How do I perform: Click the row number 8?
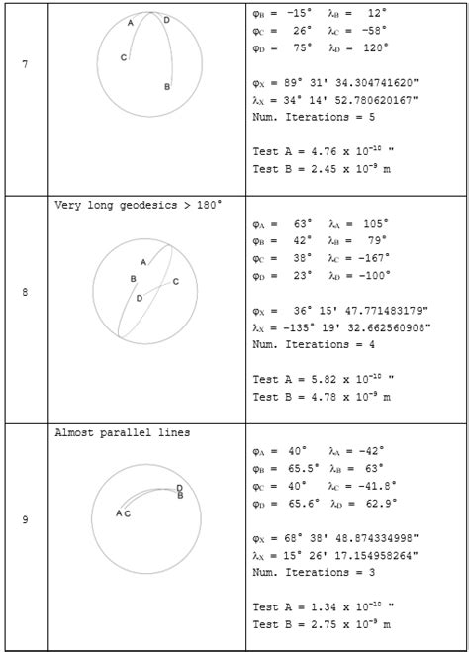click(x=25, y=293)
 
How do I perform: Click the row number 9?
click(x=25, y=520)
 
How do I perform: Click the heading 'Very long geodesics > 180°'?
click(x=138, y=205)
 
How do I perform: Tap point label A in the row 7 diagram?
click(x=131, y=22)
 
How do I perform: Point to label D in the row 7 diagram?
click(x=166, y=20)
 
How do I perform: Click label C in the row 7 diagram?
click(x=124, y=58)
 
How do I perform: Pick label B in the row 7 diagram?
click(x=167, y=87)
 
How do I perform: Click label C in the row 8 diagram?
click(x=175, y=282)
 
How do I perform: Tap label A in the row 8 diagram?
click(x=143, y=262)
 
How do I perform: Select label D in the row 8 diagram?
click(x=140, y=298)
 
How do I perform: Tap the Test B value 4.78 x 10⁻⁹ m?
click(x=346, y=397)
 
